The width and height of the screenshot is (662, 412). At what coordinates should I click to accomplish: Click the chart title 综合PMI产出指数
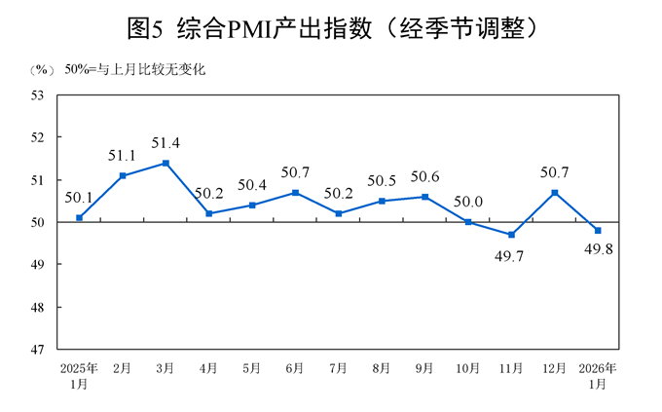331,29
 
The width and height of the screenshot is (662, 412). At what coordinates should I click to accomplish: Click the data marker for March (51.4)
165,163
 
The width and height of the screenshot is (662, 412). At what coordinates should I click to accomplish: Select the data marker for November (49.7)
511,235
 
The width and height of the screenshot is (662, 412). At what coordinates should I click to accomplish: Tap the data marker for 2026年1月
598,230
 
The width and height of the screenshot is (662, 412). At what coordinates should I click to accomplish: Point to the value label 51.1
122,156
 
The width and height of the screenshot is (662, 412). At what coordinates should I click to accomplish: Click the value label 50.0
468,202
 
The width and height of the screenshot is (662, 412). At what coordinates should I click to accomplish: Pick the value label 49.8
598,249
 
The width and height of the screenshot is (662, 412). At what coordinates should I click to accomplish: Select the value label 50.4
251,185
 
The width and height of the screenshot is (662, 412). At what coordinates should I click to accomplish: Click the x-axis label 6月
295,368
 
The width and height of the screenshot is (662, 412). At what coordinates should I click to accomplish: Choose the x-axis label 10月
468,368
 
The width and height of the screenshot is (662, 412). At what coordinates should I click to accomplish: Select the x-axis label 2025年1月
79,376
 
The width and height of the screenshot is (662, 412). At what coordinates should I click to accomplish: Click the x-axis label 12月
554,368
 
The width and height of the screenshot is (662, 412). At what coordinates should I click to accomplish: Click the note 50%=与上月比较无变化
135,70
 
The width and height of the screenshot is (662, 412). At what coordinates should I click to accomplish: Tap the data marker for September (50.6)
424,197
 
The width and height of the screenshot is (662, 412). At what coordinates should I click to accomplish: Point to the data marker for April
208,213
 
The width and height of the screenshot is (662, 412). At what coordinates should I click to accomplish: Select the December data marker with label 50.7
554,192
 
